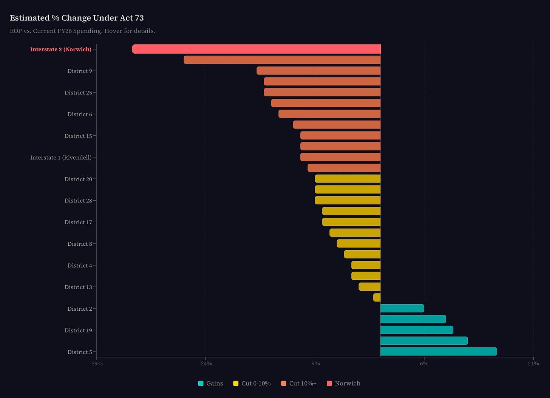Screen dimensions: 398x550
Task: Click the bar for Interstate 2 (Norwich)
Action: (256, 49)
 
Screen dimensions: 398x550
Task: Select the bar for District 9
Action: (318, 71)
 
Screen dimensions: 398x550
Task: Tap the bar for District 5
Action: (438, 352)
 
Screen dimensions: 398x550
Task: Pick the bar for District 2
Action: (402, 308)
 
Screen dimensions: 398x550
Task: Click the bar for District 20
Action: (348, 179)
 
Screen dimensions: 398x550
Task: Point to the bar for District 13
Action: (369, 286)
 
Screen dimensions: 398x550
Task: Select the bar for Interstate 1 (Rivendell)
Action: (340, 157)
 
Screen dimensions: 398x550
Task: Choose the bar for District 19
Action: (417, 330)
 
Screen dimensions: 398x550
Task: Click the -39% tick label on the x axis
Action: (96, 364)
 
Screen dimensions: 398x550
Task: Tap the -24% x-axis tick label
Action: (205, 364)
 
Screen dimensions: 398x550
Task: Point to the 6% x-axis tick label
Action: (424, 364)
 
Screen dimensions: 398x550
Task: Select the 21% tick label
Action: (533, 364)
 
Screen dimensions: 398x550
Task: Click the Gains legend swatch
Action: (201, 383)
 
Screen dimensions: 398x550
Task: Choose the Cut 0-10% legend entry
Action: (252, 383)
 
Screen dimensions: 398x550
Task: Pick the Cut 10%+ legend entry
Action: (299, 383)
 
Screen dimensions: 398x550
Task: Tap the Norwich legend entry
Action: (343, 383)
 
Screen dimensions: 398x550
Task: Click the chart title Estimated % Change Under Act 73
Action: (77, 18)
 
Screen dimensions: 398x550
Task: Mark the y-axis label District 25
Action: (78, 93)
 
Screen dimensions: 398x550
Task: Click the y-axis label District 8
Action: (80, 244)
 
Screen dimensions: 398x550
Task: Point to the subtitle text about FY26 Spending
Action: (82, 31)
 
